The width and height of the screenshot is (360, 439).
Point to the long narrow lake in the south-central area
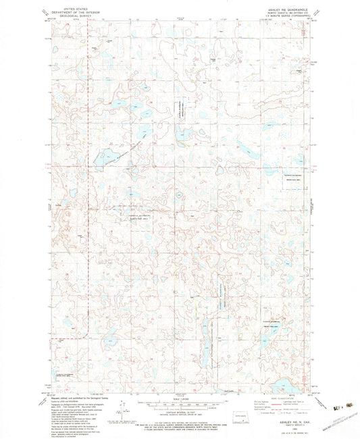[x=205, y=341]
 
